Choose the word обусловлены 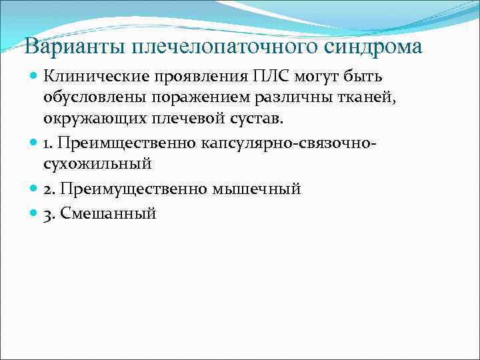click(x=94, y=99)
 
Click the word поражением click(x=194, y=99)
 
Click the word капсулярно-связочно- click(x=290, y=143)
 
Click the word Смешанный click(x=109, y=213)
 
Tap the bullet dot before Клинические click(x=35, y=77)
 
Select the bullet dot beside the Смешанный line click(x=35, y=213)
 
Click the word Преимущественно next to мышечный click(x=133, y=189)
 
